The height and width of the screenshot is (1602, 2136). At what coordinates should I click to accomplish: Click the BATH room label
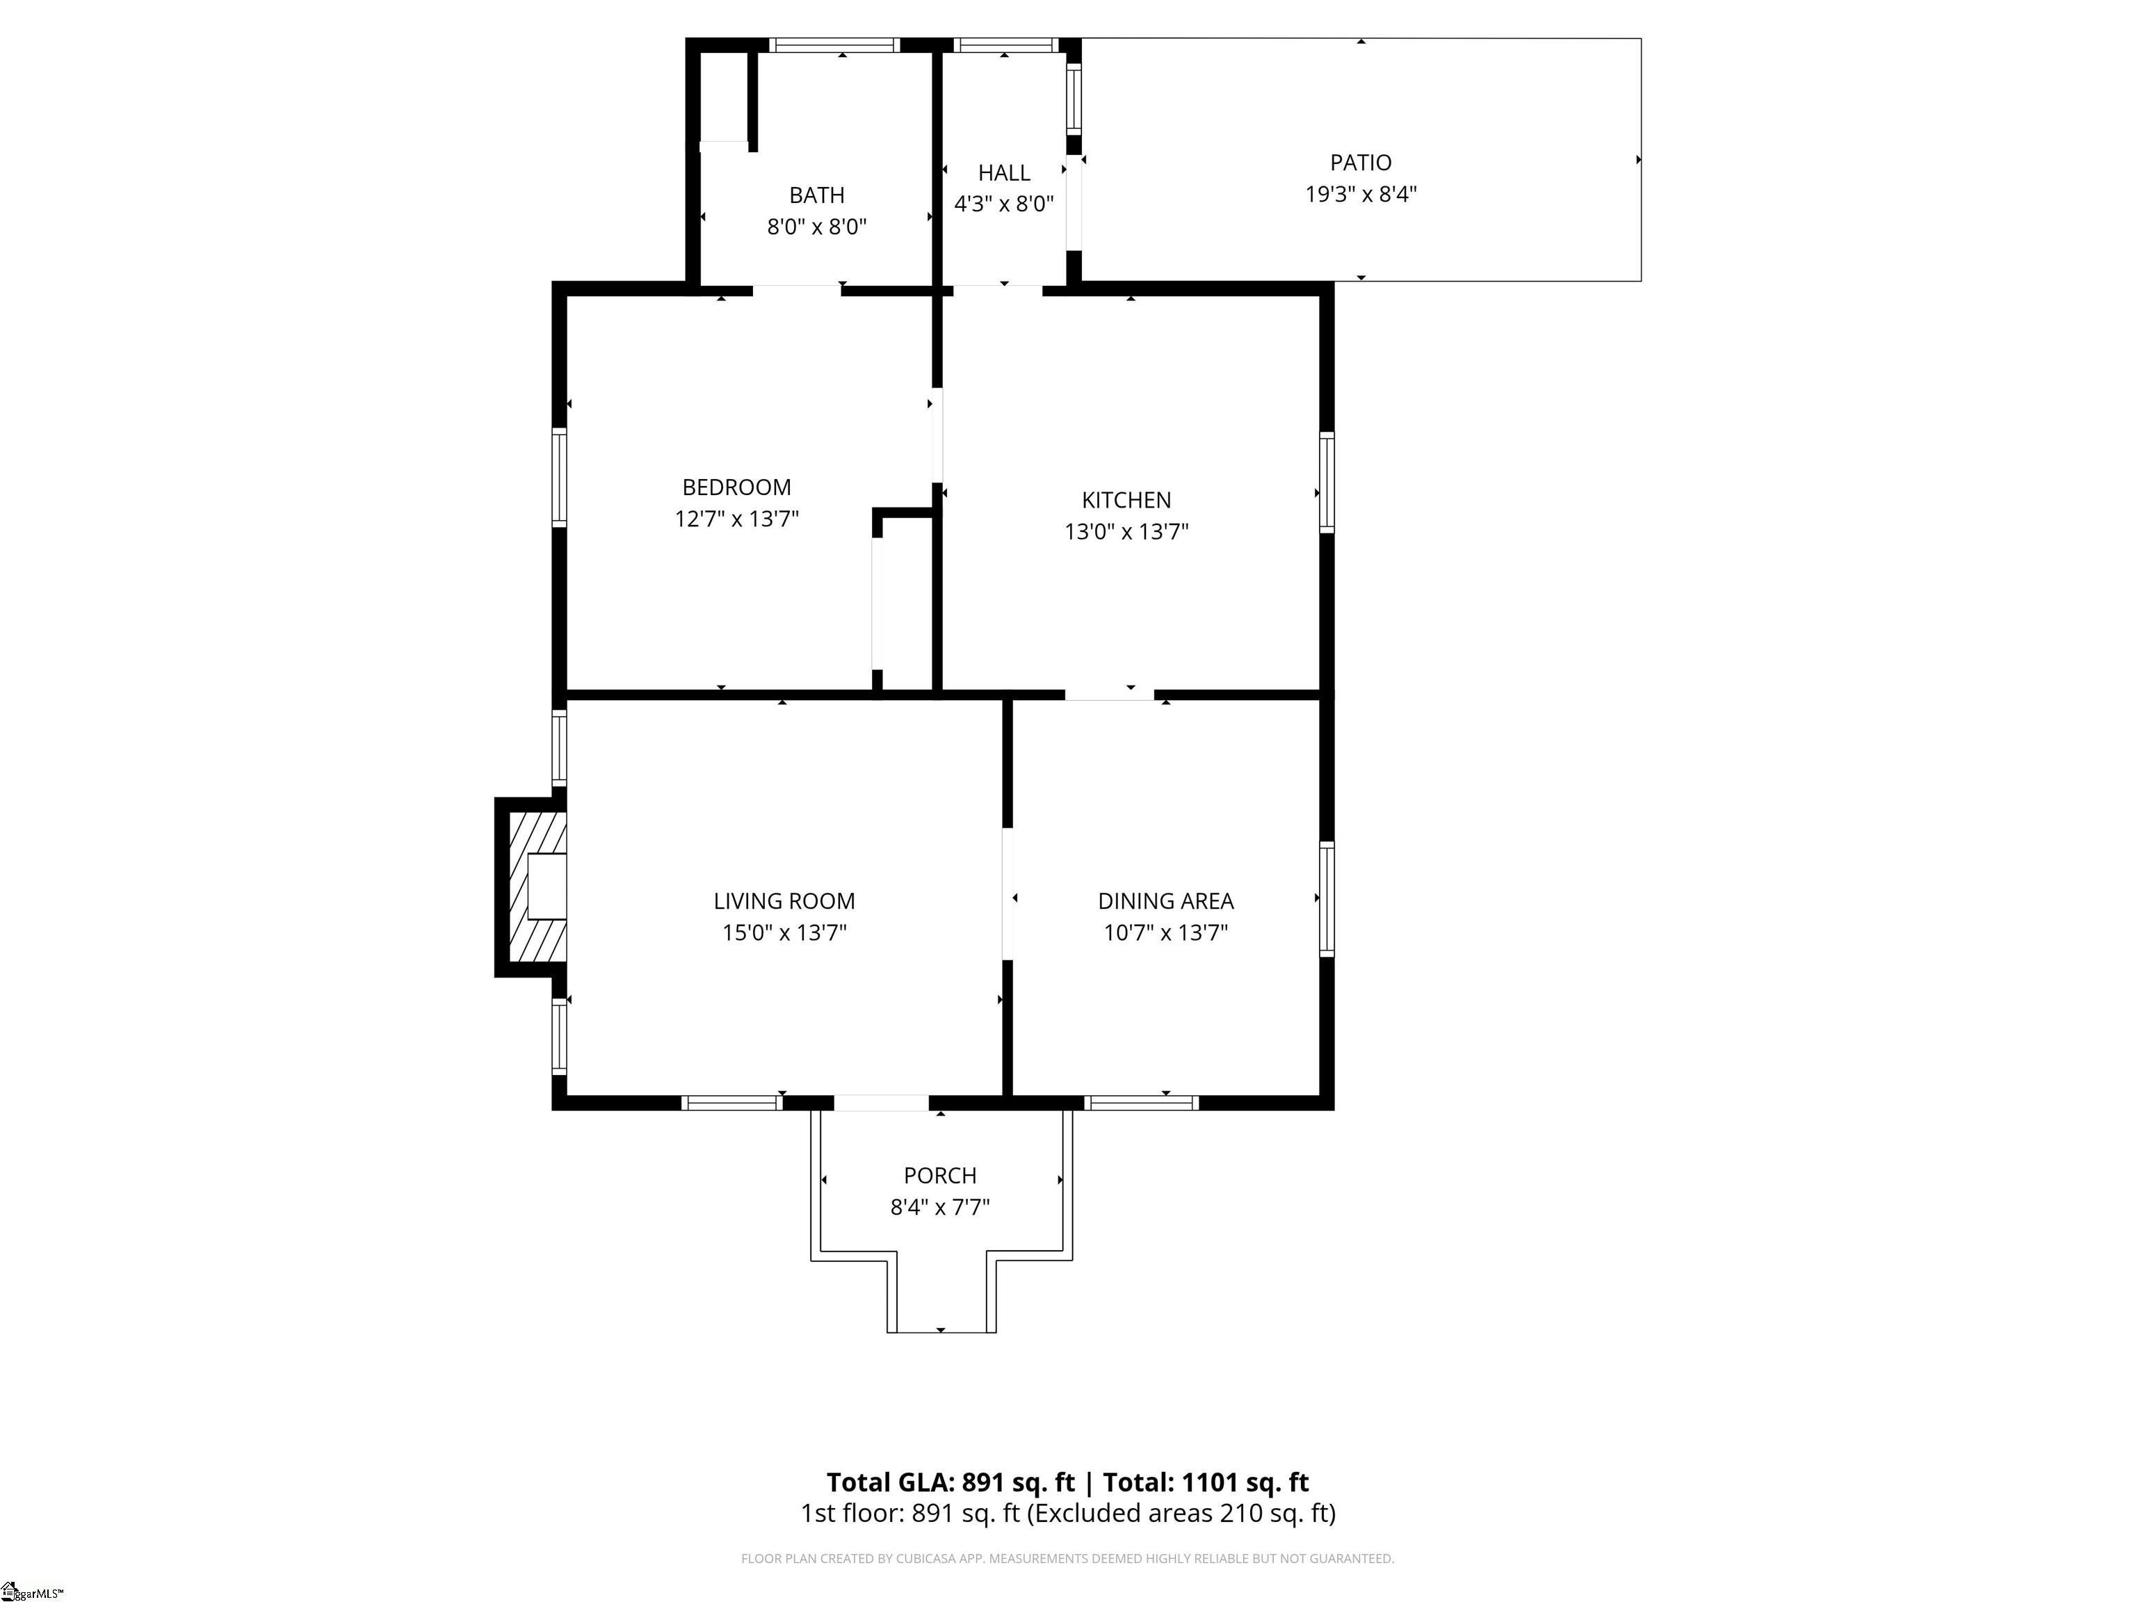point(817,195)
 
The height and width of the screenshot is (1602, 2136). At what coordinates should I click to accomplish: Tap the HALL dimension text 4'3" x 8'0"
point(1003,204)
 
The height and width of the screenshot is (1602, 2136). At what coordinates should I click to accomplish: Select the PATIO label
point(1361,162)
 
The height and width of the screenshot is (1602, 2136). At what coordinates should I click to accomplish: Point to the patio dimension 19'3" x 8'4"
point(1361,194)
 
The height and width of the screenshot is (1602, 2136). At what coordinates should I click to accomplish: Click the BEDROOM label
point(737,487)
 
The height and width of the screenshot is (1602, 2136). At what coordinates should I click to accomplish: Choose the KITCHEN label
point(1126,500)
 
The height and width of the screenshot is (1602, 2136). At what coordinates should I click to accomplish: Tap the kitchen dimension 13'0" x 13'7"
point(1126,532)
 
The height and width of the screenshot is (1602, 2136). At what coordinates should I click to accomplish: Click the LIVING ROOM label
point(784,901)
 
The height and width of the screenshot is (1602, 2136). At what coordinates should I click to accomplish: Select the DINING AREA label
point(1165,901)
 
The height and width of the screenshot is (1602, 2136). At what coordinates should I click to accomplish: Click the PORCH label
point(939,1175)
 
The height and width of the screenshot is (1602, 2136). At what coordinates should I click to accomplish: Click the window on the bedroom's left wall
point(559,477)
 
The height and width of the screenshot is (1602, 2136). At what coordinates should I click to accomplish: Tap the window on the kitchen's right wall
point(1327,482)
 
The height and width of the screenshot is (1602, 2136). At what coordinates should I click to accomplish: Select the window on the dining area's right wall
point(1327,899)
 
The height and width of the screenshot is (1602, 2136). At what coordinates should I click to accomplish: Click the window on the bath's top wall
point(834,44)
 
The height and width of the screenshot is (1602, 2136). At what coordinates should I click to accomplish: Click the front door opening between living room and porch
point(882,1103)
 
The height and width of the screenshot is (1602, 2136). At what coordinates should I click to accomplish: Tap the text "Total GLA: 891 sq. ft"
point(950,1482)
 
